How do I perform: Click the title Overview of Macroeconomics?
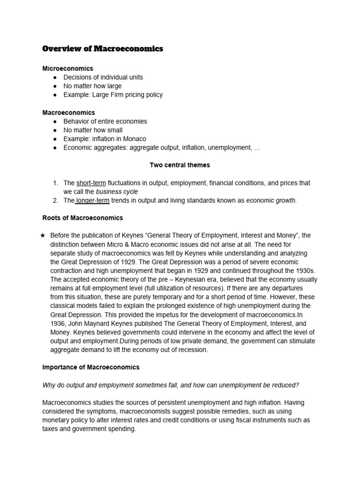(103, 49)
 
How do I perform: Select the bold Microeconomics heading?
(67, 68)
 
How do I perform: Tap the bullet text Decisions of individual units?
(103, 77)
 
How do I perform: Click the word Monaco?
(135, 139)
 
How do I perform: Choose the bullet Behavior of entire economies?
(105, 121)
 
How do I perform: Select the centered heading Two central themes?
(180, 165)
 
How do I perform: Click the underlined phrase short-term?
(91, 183)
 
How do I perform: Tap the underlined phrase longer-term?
(92, 201)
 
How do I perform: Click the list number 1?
(55, 183)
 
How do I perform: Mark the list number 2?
(55, 201)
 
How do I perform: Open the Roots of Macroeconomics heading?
(83, 218)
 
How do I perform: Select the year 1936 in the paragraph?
(58, 323)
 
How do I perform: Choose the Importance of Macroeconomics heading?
(91, 367)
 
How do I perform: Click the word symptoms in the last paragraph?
(102, 411)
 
